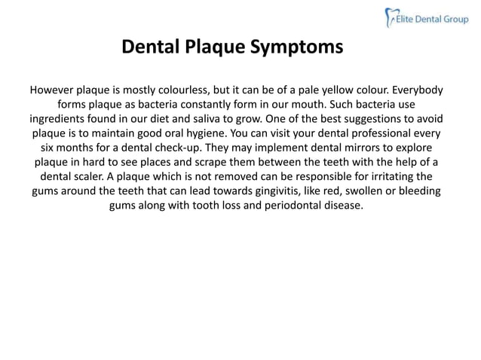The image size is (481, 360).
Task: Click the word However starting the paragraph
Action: pos(55,90)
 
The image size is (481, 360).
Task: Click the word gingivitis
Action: pos(250,191)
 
